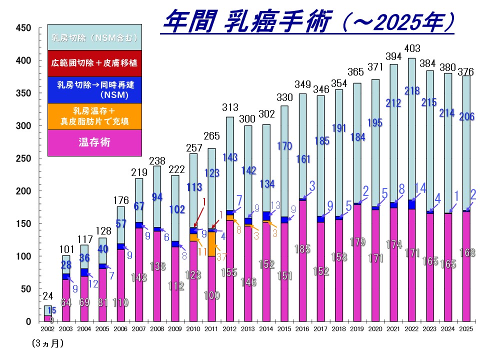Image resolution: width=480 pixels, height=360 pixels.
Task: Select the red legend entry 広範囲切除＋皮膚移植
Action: coord(94,63)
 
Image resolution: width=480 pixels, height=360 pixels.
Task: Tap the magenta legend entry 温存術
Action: coord(94,143)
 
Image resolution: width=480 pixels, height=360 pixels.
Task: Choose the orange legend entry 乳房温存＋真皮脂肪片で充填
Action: coord(94,116)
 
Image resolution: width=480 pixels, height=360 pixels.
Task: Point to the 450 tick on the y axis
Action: coord(24,28)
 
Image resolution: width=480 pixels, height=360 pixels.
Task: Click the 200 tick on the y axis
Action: coord(24,191)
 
